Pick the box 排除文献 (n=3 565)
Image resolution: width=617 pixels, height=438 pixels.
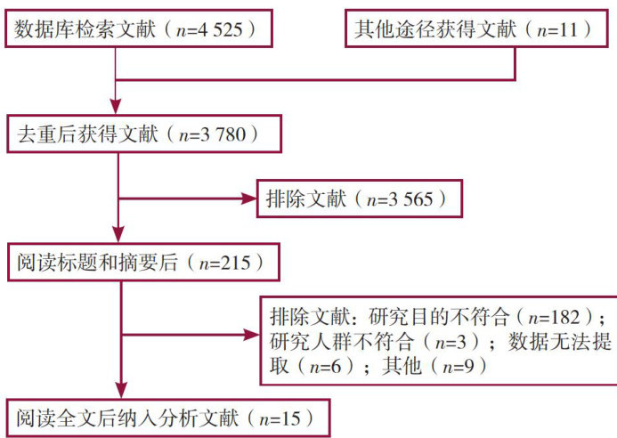[360, 199]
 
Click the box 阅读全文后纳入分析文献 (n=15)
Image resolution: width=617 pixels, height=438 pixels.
[166, 417]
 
